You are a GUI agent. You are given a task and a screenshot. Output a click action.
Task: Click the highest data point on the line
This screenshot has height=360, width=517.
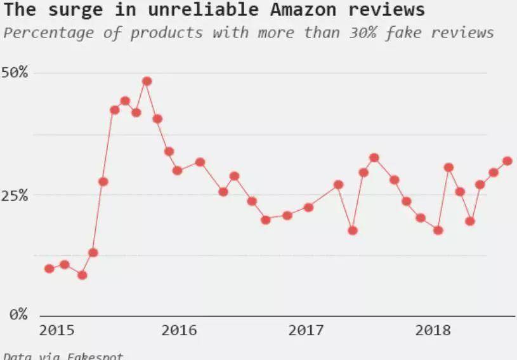tap(147, 81)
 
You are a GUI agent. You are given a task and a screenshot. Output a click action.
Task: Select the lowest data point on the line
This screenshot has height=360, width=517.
tap(82, 275)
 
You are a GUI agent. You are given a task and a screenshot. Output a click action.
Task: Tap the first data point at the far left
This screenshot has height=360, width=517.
tap(49, 269)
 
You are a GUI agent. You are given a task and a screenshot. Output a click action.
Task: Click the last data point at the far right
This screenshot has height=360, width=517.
tap(507, 161)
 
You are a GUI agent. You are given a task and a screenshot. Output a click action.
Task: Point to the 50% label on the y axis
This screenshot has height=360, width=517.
tap(14, 72)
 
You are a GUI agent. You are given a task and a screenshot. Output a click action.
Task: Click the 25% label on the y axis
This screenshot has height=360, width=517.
tap(14, 195)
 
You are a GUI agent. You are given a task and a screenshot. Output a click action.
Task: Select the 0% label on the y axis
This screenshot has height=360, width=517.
tap(18, 314)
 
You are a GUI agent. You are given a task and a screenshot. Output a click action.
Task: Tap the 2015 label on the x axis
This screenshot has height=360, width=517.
tap(56, 330)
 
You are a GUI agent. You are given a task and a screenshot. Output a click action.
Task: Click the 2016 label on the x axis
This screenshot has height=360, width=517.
tap(180, 330)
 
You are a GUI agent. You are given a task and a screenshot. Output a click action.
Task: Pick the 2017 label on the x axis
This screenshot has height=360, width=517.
tap(306, 330)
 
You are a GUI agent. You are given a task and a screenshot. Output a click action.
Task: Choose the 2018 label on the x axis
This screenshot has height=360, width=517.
tap(433, 330)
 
